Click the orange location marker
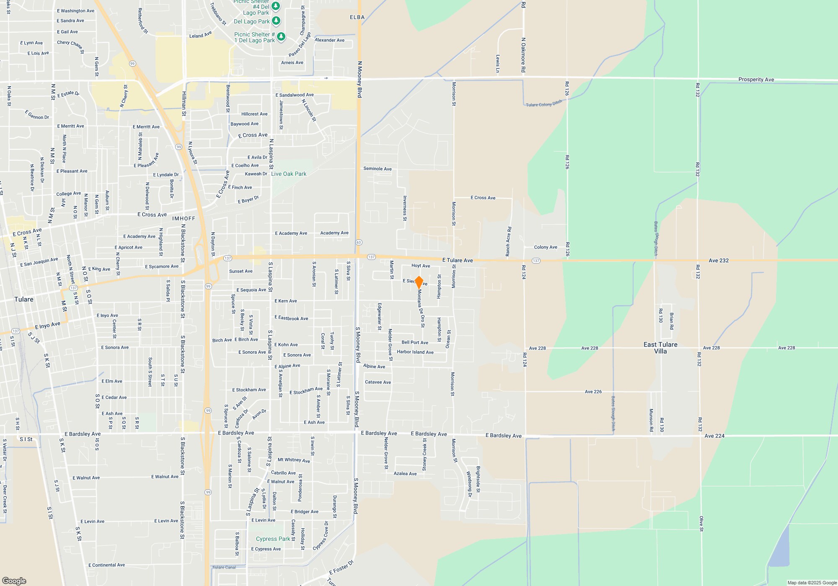(x=419, y=282)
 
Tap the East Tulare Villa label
(x=660, y=348)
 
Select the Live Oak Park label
(x=289, y=174)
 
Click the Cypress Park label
(x=273, y=539)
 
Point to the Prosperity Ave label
(x=756, y=80)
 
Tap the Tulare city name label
(x=24, y=299)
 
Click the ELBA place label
(x=357, y=17)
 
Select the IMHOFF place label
(x=184, y=218)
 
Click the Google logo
(x=14, y=581)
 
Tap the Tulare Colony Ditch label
(x=544, y=103)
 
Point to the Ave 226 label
(x=593, y=392)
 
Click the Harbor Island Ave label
(x=415, y=352)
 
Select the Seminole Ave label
(x=377, y=169)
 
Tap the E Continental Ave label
(x=106, y=565)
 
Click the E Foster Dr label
(x=341, y=568)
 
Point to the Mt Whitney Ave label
(x=294, y=460)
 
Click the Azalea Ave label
(x=405, y=474)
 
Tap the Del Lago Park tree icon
(x=276, y=21)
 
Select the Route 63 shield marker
(x=359, y=242)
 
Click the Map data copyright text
(x=812, y=583)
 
